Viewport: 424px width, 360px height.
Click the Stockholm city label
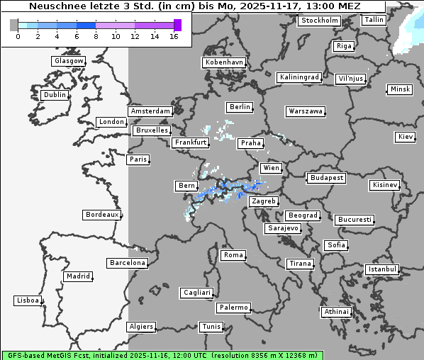click(319, 21)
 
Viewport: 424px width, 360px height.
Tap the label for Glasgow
click(69, 61)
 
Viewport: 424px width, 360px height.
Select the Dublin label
click(55, 95)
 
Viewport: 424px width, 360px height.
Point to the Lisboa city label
click(28, 300)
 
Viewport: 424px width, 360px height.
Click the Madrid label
click(78, 276)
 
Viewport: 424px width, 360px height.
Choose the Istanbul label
click(383, 269)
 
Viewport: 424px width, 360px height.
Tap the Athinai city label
click(336, 312)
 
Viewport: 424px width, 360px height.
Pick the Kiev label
click(406, 137)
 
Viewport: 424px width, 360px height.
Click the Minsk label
click(400, 89)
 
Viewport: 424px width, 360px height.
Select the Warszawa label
click(306, 111)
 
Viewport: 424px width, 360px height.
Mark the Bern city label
click(186, 186)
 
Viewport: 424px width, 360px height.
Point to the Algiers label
click(141, 327)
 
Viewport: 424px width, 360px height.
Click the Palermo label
click(233, 308)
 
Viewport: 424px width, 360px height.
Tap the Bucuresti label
click(354, 220)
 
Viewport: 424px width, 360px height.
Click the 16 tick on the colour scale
click(174, 35)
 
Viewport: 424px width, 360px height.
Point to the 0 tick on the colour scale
click(18, 35)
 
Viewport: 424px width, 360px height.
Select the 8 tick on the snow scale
click(96, 35)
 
